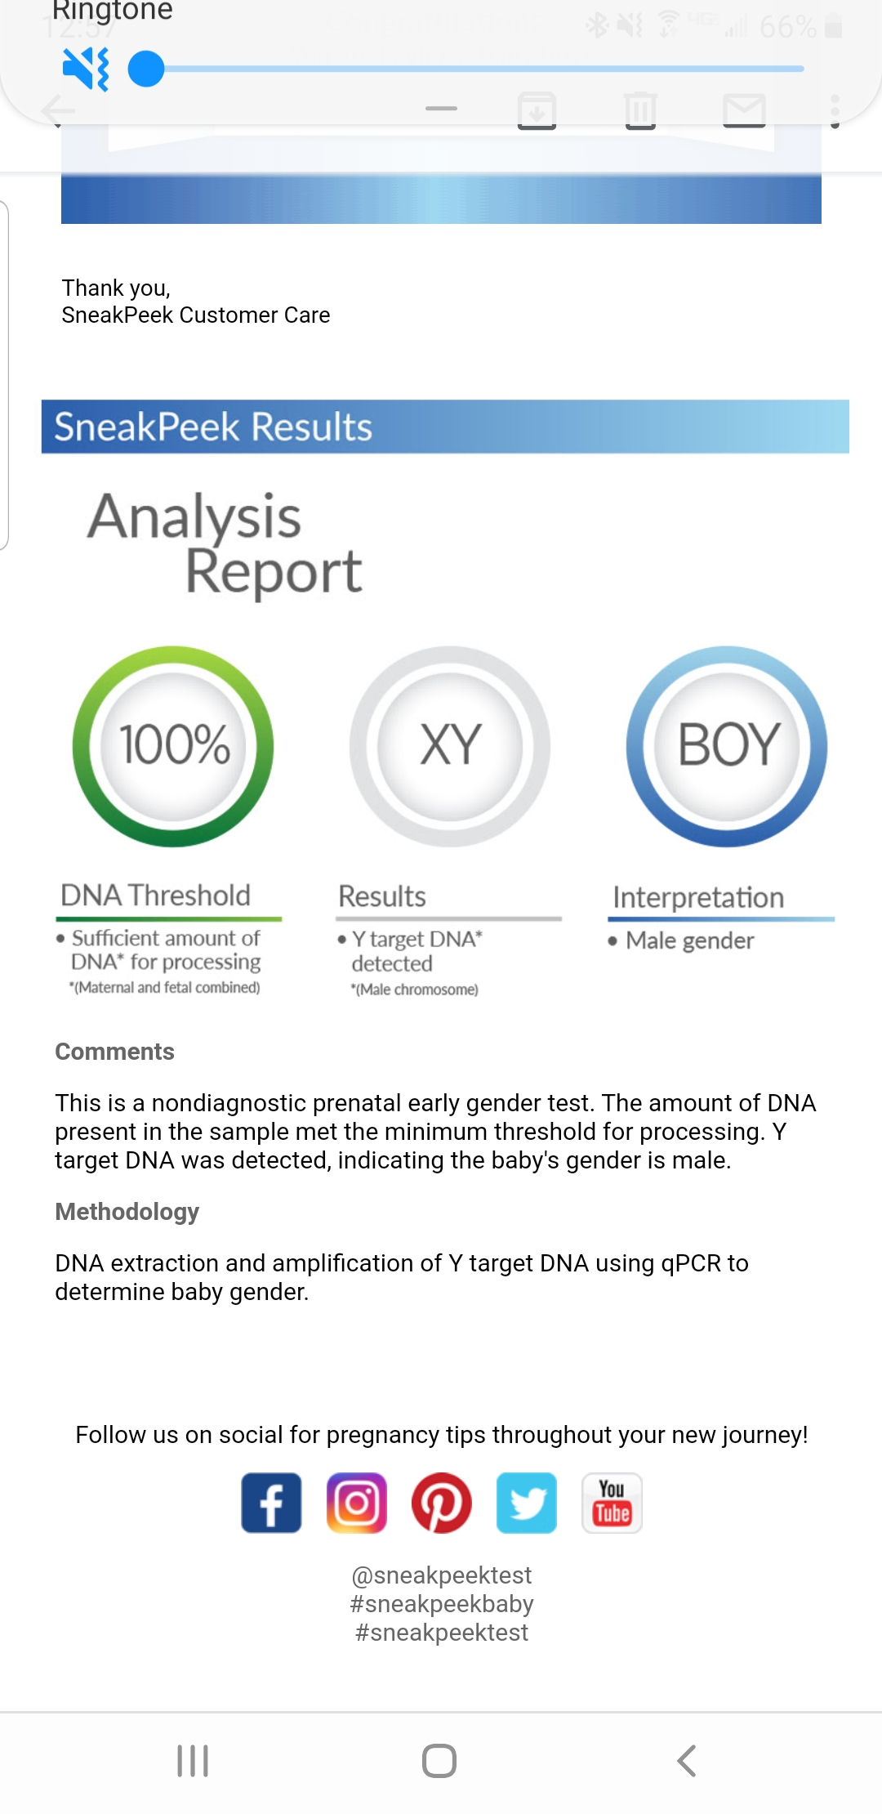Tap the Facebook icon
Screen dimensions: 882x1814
pos(271,1503)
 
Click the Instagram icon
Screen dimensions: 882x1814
pos(357,1503)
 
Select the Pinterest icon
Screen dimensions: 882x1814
pos(442,1503)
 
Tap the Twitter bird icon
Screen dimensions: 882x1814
pos(527,1503)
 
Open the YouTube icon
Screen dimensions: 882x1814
pos(612,1503)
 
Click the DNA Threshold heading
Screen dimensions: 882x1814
pos(155,896)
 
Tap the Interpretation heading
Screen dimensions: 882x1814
pos(698,897)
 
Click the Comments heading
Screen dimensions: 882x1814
pos(114,1052)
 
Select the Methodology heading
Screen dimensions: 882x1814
pos(127,1212)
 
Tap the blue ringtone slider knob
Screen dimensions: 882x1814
pos(146,69)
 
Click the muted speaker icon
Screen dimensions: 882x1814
pos(86,69)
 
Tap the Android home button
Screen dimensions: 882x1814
pos(439,1761)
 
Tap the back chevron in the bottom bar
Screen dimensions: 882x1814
pos(687,1761)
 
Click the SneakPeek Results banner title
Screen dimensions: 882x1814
pos(213,427)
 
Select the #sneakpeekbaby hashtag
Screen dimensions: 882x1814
pos(442,1603)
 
